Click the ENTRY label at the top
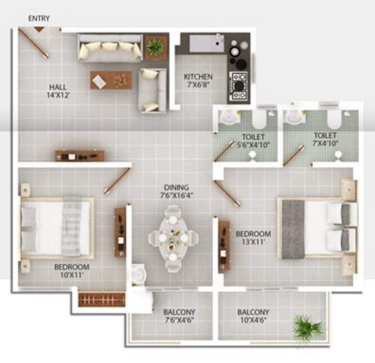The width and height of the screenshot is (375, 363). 39,18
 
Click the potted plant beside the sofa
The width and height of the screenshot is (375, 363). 155,47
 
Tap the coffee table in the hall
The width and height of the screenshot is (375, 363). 111,80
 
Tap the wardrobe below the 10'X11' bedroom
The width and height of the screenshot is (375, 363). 101,300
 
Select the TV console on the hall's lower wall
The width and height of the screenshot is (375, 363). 79,155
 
